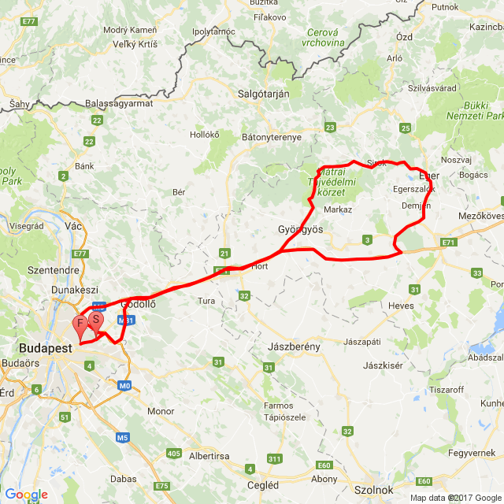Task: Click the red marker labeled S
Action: (x=95, y=321)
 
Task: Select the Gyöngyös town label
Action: (x=300, y=228)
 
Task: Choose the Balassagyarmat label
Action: (x=118, y=103)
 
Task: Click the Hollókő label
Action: (x=204, y=135)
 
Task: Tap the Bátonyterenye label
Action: (x=272, y=137)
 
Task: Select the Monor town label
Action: (x=161, y=411)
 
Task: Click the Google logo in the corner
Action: (x=25, y=494)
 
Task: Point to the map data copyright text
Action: (x=455, y=498)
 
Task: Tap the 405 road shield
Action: (x=174, y=454)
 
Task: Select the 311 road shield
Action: (x=274, y=458)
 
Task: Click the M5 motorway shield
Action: (x=122, y=437)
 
